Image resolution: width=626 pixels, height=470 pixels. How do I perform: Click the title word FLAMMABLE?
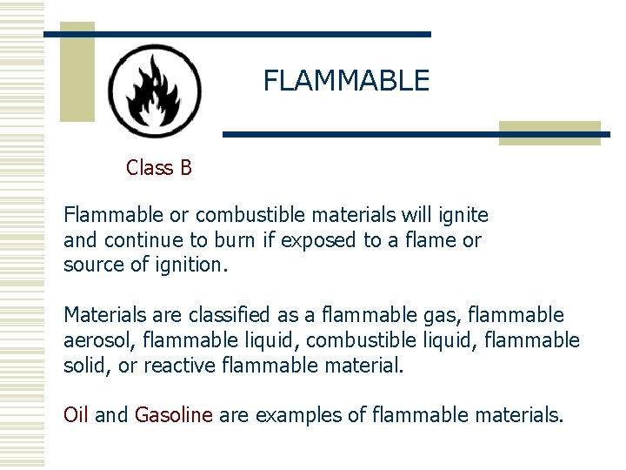(346, 81)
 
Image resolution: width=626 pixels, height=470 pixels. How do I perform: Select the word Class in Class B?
(150, 167)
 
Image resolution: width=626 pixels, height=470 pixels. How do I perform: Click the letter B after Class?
(185, 167)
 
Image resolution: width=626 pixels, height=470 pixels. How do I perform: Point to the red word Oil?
(77, 415)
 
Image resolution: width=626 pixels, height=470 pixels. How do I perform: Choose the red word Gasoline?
(174, 415)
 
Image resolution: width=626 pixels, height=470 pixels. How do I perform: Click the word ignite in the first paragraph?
(464, 215)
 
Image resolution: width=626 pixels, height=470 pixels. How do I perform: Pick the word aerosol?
(95, 340)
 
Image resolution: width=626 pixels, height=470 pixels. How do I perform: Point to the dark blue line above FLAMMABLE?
(236, 34)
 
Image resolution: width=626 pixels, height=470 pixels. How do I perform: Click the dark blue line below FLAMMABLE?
(416, 135)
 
